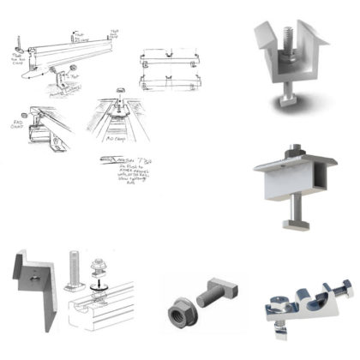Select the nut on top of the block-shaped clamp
pos(296,159)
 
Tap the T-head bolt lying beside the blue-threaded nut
pos(213,297)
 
